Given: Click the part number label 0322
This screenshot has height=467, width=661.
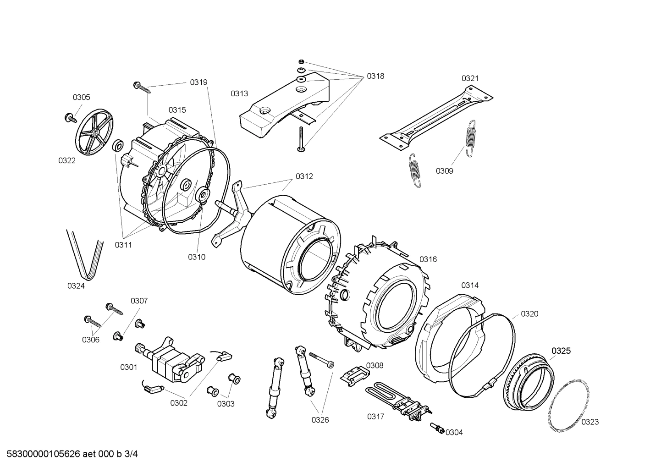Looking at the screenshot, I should [67, 160].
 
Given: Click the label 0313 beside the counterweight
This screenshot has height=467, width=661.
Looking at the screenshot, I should [239, 93].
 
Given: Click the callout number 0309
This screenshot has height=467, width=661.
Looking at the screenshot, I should [444, 171].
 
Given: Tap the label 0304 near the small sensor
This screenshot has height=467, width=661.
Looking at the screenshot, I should [454, 432].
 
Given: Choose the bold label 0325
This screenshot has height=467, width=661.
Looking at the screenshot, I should [561, 351].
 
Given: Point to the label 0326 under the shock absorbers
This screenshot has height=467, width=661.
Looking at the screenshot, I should [320, 420].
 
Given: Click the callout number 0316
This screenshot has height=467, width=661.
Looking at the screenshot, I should [428, 259].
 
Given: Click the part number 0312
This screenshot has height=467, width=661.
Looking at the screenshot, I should [304, 176].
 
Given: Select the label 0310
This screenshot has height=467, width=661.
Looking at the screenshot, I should [197, 257].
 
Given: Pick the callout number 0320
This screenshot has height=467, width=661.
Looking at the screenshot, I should [529, 314].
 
